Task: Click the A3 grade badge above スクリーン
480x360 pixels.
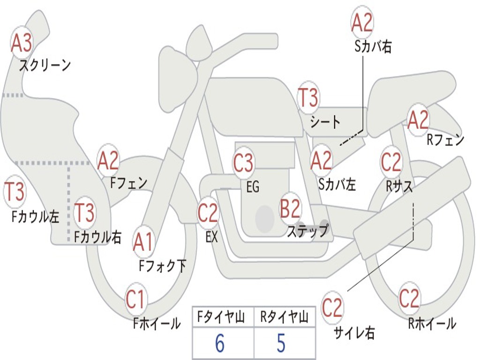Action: (x=22, y=43)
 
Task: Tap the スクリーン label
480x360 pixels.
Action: (x=45, y=65)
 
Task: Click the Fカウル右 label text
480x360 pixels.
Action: (x=97, y=237)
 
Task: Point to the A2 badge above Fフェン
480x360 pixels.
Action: (x=108, y=161)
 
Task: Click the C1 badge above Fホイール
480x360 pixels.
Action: (x=135, y=300)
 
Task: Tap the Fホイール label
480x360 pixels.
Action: (x=157, y=323)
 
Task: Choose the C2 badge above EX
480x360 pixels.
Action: (x=208, y=213)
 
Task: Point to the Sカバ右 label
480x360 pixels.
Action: (x=373, y=46)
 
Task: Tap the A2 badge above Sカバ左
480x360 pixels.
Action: (x=321, y=161)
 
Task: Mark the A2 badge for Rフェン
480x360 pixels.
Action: (x=418, y=120)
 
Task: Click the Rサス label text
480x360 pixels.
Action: (x=399, y=186)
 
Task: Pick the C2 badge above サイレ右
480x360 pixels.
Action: (x=332, y=307)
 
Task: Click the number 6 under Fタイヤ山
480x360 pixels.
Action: (x=219, y=344)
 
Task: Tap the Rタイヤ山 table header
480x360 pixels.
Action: (x=284, y=317)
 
